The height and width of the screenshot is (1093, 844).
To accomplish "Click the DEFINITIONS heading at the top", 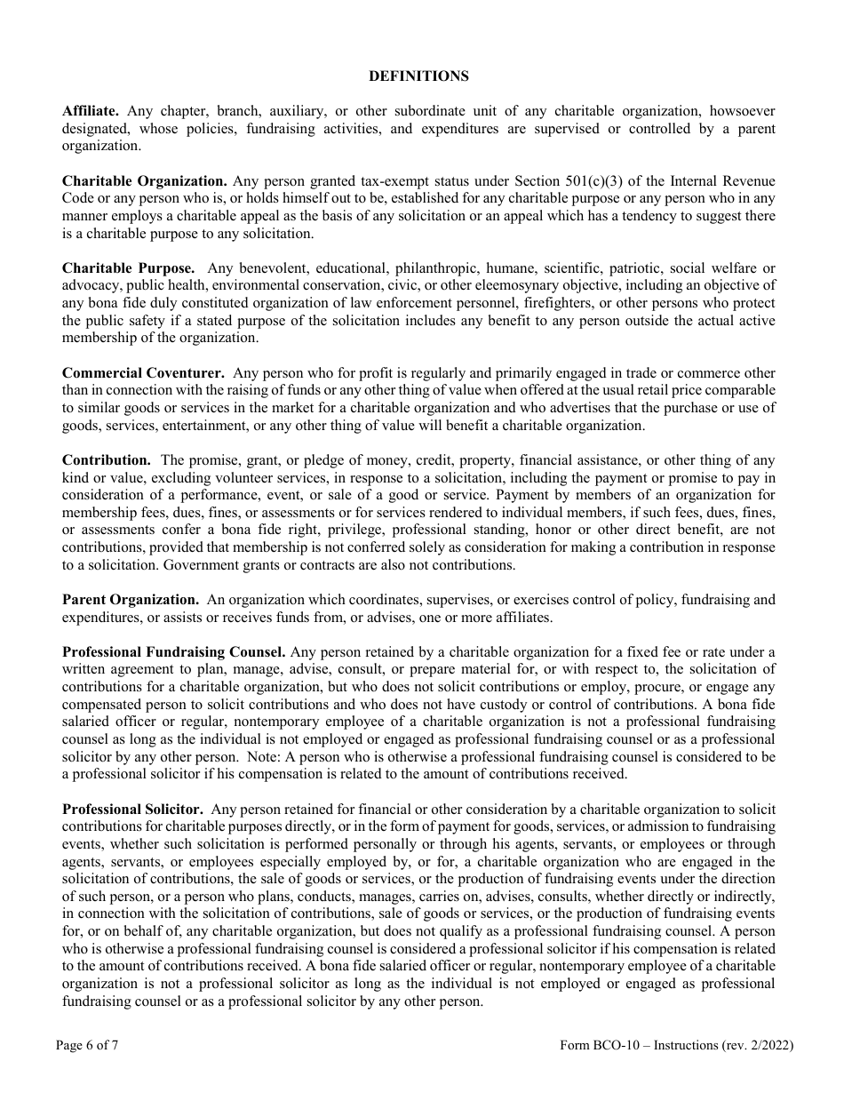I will (x=418, y=76).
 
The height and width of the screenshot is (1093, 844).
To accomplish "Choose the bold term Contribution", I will (x=107, y=460).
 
